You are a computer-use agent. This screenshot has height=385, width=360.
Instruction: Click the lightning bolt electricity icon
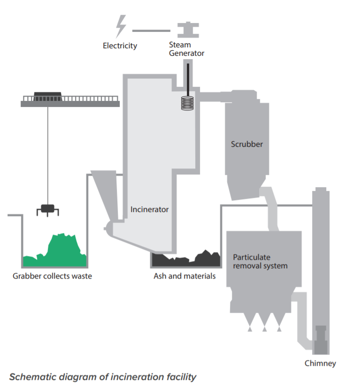[121, 26]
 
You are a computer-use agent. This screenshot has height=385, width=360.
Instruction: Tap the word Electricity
[120, 46]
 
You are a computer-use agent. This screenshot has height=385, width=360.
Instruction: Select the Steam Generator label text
[186, 49]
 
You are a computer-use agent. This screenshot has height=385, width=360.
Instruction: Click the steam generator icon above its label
[188, 30]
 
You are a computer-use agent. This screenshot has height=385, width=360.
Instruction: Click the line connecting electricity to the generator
[151, 30]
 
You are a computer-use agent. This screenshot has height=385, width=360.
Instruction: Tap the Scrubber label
[246, 144]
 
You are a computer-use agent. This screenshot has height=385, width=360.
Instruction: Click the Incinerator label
[149, 209]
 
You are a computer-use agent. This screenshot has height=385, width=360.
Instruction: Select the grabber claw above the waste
[47, 210]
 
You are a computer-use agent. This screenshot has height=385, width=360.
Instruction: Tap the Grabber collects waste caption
[52, 276]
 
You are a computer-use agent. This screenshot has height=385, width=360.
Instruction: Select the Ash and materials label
[184, 276]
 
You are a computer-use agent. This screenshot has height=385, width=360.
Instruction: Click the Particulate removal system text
[260, 262]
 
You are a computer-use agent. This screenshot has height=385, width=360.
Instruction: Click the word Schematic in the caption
[31, 377]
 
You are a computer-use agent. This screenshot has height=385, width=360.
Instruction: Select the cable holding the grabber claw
[48, 155]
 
